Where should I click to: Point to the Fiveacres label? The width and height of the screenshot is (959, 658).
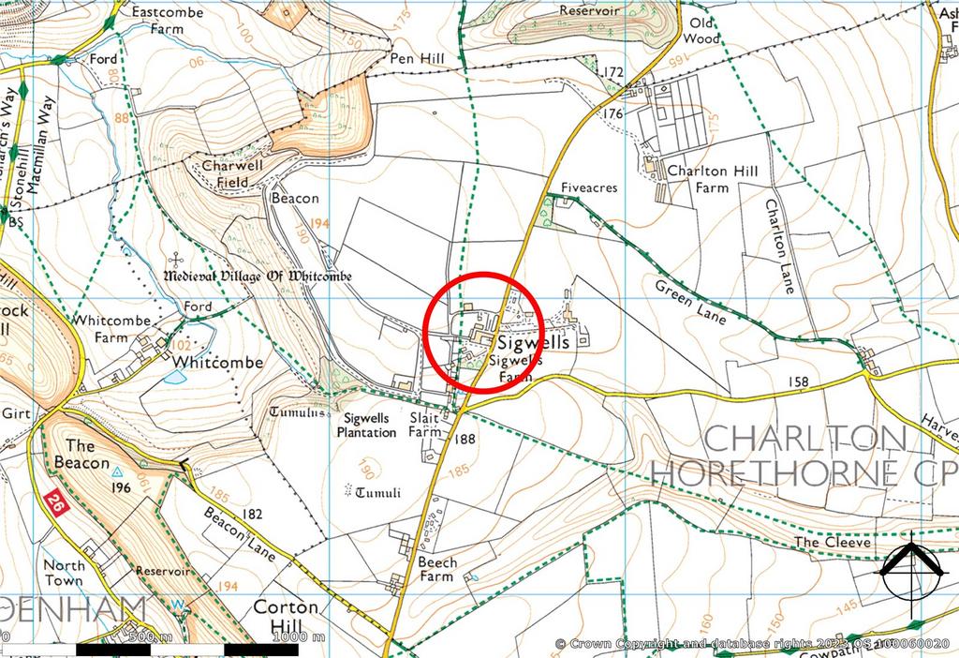coord(589,187)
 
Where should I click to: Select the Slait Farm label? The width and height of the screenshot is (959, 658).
coord(424,426)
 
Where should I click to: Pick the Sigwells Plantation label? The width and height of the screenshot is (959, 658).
coord(368,426)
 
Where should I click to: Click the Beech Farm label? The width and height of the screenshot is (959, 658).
coord(437,569)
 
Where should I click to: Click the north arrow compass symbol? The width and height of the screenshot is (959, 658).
coord(911,567)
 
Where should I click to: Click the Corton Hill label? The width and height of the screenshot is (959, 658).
coord(286,616)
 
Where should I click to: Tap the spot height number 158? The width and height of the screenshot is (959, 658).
coord(799,381)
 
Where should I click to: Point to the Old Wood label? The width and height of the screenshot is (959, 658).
coord(701,30)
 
